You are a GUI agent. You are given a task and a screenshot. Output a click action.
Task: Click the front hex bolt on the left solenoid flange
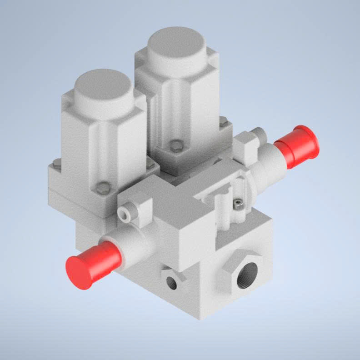104,187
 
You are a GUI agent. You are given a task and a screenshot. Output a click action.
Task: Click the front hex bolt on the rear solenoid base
177,145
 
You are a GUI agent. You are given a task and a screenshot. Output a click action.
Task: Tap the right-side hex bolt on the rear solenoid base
223,121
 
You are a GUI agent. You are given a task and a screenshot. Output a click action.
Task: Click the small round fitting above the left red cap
125,213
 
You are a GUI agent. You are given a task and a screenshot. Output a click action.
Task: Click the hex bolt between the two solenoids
150,165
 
